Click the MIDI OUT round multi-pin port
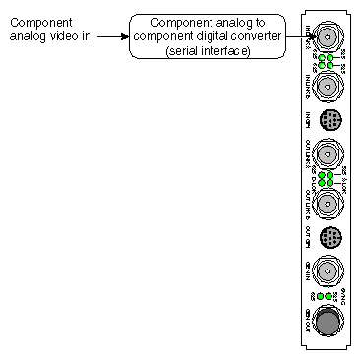[x=331, y=237]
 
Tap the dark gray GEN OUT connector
[x=331, y=323]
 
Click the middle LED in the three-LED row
[x=331, y=296]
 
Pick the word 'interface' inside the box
[x=227, y=50]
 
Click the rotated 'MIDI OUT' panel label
[x=308, y=237]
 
